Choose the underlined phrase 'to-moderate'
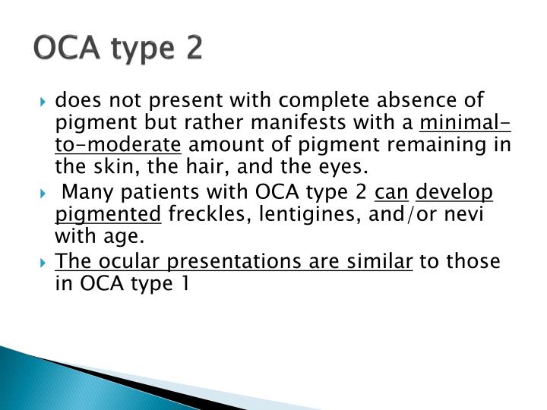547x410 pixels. [119, 144]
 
